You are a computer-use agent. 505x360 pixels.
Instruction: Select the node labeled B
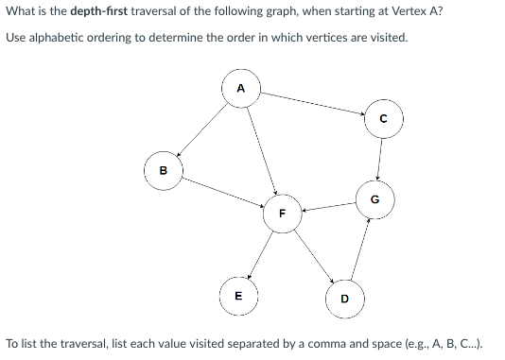pos(163,171)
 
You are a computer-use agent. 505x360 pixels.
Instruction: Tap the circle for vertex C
pos(382,119)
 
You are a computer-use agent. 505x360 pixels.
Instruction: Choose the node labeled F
pos(281,214)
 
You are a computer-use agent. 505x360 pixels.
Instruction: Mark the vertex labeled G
pos(374,199)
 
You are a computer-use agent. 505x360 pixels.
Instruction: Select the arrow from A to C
pos(312,104)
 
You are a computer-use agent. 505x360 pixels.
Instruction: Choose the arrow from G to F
pos(327,206)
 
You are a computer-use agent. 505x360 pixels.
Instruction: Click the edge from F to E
pos(260,252)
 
